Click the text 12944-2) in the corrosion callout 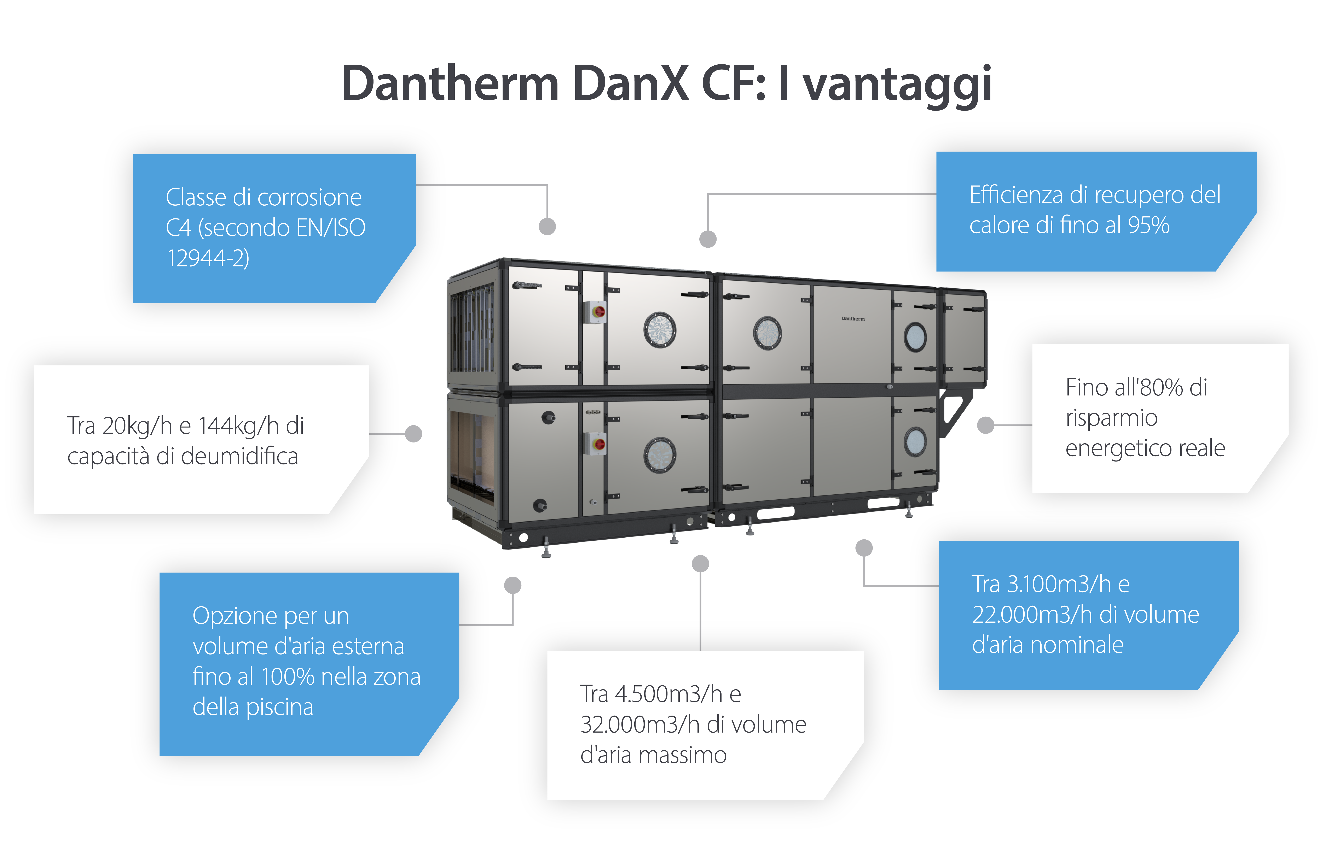tap(208, 258)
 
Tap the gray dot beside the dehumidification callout tap(413, 434)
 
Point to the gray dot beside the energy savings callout tap(985, 425)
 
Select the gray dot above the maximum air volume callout tap(700, 564)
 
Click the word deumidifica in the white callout tap(239, 456)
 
